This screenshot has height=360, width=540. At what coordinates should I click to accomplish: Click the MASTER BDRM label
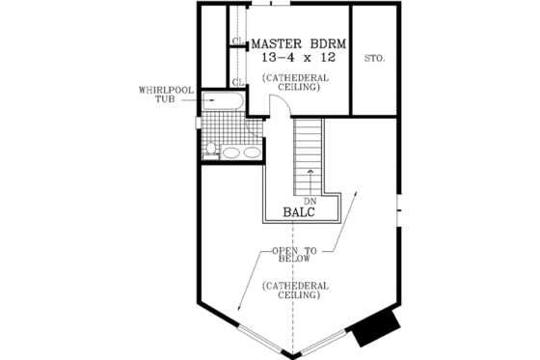pyautogui.click(x=300, y=43)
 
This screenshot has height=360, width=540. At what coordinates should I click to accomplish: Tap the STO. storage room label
pyautogui.click(x=374, y=59)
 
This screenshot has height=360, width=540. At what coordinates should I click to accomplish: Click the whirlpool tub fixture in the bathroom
pyautogui.click(x=224, y=101)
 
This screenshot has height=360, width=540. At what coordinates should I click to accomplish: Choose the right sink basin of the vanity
pyautogui.click(x=251, y=152)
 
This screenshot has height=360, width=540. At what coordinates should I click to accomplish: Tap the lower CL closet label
pyautogui.click(x=236, y=80)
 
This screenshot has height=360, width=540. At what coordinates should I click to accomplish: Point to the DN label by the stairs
pyautogui.click(x=310, y=200)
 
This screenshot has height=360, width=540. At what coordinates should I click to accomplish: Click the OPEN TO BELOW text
pyautogui.click(x=296, y=254)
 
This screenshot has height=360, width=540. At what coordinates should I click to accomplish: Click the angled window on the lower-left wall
pyautogui.click(x=263, y=336)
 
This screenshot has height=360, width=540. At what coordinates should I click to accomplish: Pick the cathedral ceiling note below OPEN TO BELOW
pyautogui.click(x=296, y=291)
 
